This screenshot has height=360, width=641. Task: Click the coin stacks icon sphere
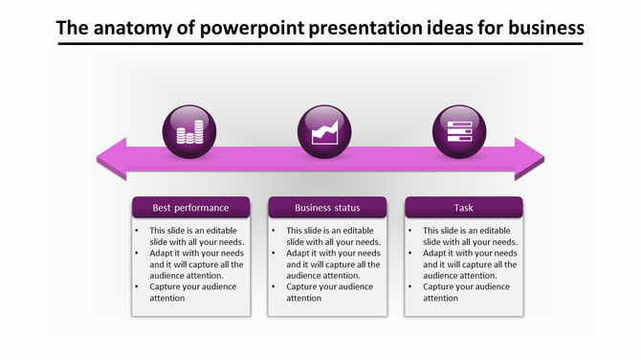pos(190,131)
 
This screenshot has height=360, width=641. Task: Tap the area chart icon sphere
pos(326,131)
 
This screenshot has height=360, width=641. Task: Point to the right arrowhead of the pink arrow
pos(528,159)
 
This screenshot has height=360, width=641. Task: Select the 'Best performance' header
pos(190,208)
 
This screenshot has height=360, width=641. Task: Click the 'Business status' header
pos(327,208)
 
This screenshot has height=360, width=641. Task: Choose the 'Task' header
pos(464,208)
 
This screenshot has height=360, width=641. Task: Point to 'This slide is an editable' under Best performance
pos(196,231)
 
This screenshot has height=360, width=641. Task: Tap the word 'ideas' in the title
pos(443,28)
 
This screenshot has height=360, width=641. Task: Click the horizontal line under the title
pos(320,46)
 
